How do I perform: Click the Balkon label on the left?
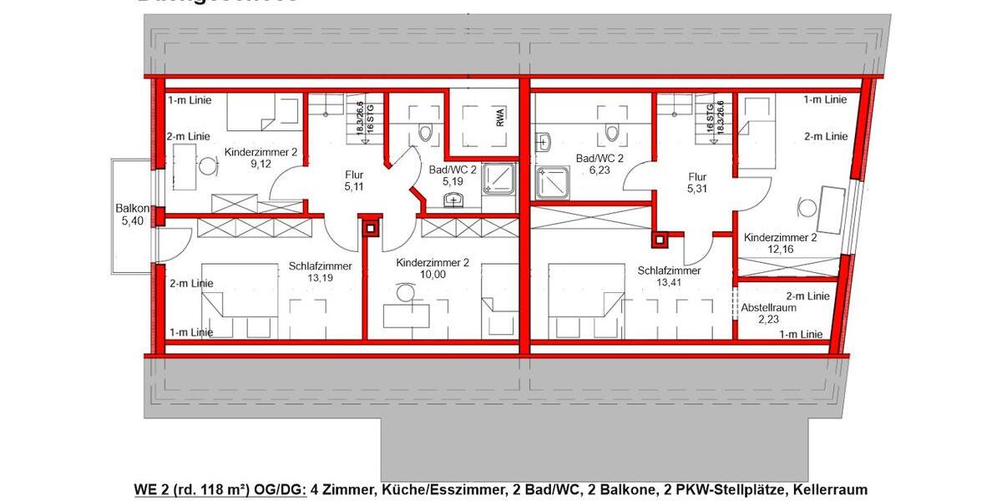pos(133,208)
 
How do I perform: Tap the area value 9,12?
pos(261,164)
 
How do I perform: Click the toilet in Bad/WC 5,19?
pos(427,131)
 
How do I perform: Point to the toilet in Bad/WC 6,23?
pos(612,131)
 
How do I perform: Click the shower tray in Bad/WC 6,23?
pos(551,180)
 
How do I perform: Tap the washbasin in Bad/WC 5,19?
pos(453,199)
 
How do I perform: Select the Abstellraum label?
pos(769,307)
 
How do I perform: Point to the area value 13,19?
pos(320,278)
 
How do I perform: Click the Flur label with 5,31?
pos(697,177)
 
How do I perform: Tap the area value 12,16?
pos(780,249)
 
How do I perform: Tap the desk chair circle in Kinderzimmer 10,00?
pos(406,293)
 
